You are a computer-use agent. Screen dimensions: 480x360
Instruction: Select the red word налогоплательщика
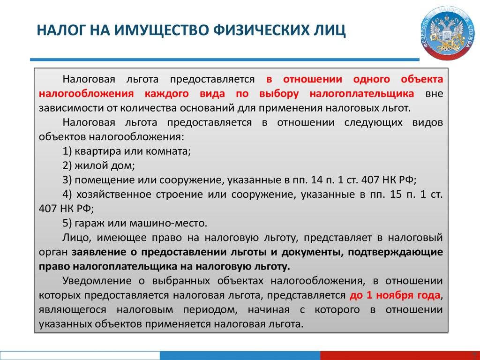[362, 93]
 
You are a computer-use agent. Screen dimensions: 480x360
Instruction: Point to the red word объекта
[422, 79]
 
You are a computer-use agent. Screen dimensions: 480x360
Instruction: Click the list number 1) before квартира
[67, 151]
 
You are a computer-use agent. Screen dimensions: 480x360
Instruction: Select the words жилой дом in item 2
[105, 165]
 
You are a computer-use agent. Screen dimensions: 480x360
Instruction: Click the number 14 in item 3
[316, 180]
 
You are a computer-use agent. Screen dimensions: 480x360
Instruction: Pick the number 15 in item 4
[396, 194]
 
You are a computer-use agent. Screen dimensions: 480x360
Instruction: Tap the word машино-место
[168, 223]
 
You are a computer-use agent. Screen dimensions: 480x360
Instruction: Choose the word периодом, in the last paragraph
[210, 310]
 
